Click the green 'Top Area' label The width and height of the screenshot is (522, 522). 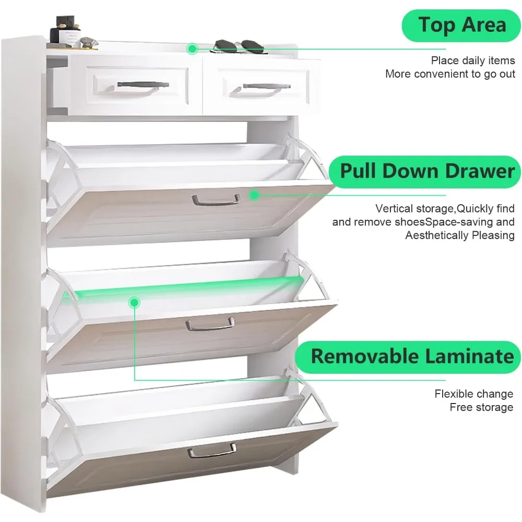(462, 25)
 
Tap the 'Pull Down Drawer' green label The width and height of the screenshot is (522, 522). (426, 171)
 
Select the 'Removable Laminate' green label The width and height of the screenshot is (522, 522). (412, 357)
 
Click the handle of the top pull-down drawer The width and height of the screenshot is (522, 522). (216, 199)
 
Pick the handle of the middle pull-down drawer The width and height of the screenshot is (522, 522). (210, 324)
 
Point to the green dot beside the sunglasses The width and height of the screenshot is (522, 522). (192, 49)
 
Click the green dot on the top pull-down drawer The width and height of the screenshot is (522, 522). (254, 195)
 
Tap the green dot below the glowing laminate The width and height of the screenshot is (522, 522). (134, 302)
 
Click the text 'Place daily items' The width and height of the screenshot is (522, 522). (472, 61)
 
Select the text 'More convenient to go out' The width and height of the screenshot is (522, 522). (450, 74)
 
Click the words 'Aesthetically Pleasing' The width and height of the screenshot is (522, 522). (459, 235)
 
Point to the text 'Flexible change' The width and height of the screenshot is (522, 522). (473, 394)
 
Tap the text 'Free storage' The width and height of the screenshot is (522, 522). (481, 407)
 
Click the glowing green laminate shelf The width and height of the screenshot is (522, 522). (188, 287)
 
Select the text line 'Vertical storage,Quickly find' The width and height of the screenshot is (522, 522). (445, 209)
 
